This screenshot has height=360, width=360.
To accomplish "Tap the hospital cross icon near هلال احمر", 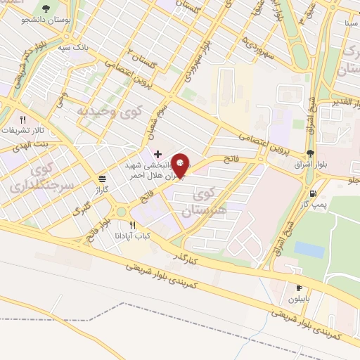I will pos(157,154).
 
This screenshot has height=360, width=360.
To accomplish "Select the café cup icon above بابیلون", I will pos(298,288).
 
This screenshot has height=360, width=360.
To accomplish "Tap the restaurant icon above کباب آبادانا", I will pos(132,225).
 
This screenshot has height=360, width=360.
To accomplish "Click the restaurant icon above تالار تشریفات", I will pos(22,120).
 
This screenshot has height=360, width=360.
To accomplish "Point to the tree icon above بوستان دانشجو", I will pos(46,9).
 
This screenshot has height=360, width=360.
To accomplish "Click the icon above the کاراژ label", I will pos(103,179).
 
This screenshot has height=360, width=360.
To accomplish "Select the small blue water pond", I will pos(309,250).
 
